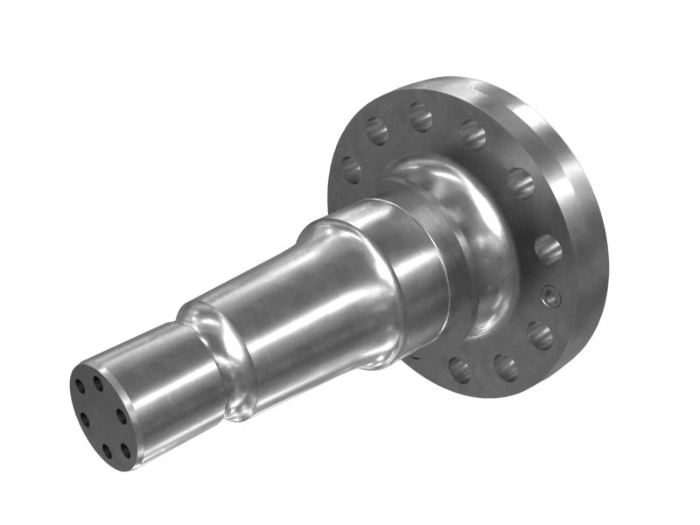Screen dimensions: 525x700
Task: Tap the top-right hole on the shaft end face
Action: tap(98, 382)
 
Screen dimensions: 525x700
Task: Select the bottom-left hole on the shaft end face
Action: tap(106, 450)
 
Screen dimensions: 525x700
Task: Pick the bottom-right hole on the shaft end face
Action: tap(126, 451)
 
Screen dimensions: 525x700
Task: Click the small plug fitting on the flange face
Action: tap(549, 297)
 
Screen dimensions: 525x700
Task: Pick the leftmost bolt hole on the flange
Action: tap(352, 169)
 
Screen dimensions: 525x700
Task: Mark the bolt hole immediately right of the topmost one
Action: tap(472, 134)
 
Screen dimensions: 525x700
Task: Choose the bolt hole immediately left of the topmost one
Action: tap(377, 131)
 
